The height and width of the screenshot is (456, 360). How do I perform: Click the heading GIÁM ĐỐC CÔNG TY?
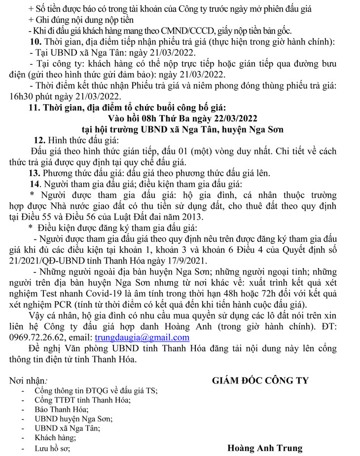[260, 380]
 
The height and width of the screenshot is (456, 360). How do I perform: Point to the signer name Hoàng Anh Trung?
[265, 448]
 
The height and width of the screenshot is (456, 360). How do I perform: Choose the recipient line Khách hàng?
[52, 438]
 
